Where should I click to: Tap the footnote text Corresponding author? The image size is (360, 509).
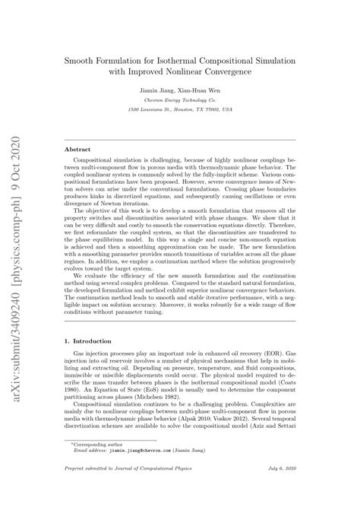(106, 466)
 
